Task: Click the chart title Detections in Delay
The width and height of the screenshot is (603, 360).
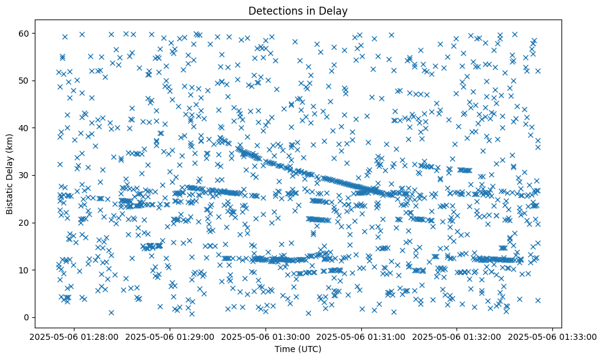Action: click(x=298, y=10)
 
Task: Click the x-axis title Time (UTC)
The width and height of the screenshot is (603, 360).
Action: click(x=298, y=350)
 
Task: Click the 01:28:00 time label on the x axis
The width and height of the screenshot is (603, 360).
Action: click(x=75, y=336)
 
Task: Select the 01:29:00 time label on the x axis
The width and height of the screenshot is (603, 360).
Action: click(x=170, y=336)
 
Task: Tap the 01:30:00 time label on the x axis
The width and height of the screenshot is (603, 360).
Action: click(x=266, y=336)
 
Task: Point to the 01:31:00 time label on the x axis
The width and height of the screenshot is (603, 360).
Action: click(x=362, y=336)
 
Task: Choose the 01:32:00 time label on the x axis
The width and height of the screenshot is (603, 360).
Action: click(x=457, y=336)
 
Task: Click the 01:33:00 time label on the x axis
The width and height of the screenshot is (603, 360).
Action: click(x=553, y=336)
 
